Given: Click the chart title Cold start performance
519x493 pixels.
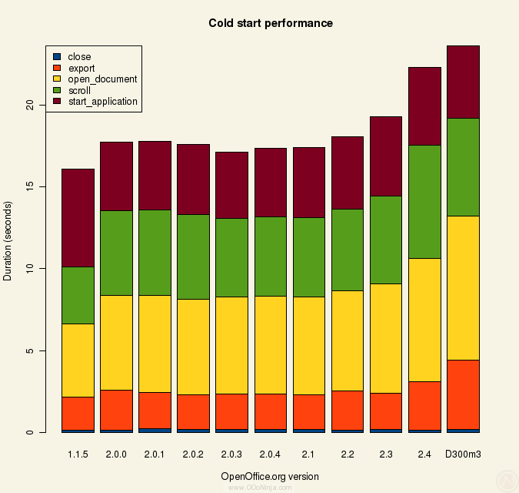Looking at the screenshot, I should tap(271, 23).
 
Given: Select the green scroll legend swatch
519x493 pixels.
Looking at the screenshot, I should tap(57, 90).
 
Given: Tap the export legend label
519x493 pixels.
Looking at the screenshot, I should tap(82, 68).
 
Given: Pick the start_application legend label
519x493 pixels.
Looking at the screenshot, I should tap(102, 102).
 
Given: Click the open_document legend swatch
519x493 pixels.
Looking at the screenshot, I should tap(57, 79).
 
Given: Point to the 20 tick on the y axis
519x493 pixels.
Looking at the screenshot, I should tap(30, 105).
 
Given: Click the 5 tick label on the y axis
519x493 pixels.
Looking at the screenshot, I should tap(30, 350).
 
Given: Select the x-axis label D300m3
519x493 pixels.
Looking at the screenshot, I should tap(463, 454).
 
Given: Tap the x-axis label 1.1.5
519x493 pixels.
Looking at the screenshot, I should tap(78, 454).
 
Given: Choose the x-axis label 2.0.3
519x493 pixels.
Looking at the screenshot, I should tap(231, 454).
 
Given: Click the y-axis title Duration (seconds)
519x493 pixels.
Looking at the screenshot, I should tap(8, 241).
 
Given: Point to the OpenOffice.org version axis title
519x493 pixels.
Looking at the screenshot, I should tap(270, 476).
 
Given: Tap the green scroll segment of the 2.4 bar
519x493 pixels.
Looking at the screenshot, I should tap(424, 201).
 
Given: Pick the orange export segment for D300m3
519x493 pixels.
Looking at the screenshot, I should tap(463, 394).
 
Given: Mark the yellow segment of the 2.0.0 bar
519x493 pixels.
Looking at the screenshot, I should tap(116, 342).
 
